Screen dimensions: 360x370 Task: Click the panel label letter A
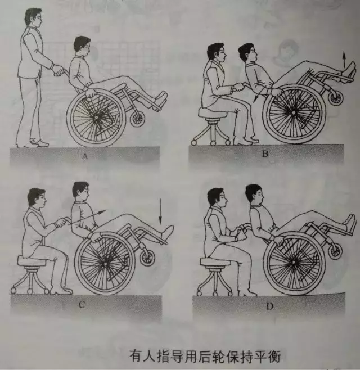(85, 156)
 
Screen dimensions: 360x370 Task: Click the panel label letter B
(265, 154)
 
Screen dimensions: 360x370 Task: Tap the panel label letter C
(82, 305)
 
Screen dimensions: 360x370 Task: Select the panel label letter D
(270, 306)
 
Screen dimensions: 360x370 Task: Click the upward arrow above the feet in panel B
(344, 60)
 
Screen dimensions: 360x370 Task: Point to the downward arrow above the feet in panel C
(160, 211)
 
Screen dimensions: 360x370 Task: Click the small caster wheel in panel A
(138, 119)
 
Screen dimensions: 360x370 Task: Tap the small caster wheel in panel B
(335, 98)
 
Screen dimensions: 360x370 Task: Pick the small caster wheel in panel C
(147, 257)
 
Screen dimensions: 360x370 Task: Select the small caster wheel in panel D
(335, 251)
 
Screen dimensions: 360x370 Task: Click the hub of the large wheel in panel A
(96, 118)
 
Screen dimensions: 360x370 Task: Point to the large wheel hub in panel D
(294, 263)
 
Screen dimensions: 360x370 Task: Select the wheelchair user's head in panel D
(254, 195)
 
